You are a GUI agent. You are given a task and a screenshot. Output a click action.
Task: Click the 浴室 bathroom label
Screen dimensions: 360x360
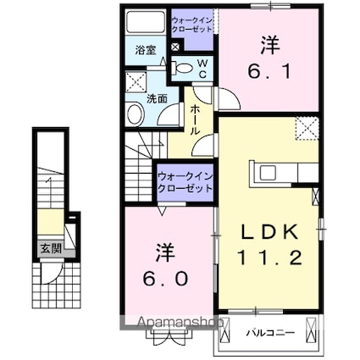[146, 50]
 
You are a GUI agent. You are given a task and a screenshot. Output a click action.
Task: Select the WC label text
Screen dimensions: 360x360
[202, 69]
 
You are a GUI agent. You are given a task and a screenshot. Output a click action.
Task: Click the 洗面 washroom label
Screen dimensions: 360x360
[158, 99]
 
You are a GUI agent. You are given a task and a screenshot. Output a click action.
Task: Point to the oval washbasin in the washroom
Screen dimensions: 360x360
[135, 114]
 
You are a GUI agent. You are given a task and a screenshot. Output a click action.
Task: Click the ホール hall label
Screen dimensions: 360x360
[195, 119]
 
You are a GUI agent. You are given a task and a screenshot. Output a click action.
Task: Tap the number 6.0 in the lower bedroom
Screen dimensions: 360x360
[165, 279]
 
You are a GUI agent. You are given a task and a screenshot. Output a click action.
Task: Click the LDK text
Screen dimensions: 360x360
[269, 232]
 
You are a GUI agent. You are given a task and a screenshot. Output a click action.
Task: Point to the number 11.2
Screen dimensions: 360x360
[269, 258]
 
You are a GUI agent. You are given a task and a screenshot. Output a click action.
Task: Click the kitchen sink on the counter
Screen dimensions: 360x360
[267, 173]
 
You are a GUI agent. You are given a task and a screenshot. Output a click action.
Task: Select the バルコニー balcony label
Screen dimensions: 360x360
[270, 333]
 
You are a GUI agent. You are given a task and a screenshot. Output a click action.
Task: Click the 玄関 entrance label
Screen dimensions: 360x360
[51, 248]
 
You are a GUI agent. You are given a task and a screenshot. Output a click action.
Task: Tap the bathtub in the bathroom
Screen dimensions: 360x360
[146, 22]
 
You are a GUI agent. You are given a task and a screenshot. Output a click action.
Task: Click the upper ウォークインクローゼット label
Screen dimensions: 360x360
[191, 25]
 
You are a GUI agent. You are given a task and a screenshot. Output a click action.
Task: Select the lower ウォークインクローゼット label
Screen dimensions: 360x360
[185, 183]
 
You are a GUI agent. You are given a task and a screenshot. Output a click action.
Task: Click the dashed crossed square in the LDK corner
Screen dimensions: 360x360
[307, 128]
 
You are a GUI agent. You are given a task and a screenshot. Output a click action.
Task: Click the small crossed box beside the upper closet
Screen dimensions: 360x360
[175, 47]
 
